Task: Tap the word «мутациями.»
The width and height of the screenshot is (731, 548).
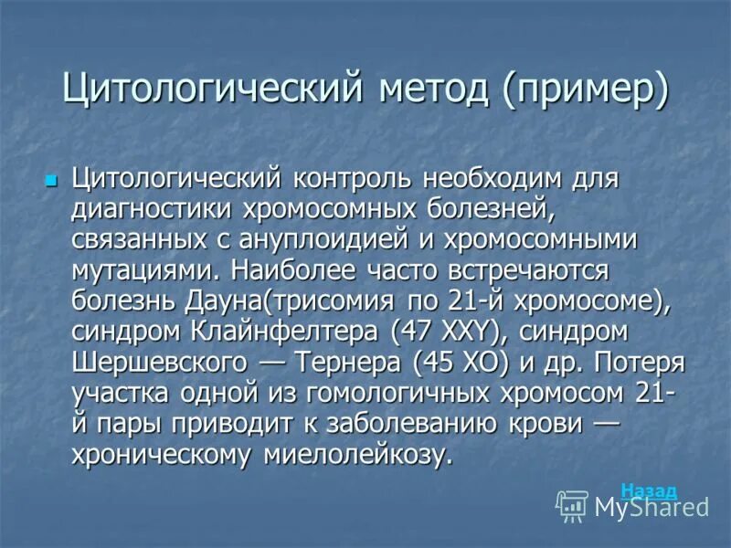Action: click(146, 269)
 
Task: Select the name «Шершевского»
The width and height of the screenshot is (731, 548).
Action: click(160, 363)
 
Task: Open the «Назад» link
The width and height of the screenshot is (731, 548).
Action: click(649, 490)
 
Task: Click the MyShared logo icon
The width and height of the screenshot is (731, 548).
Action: click(572, 505)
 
